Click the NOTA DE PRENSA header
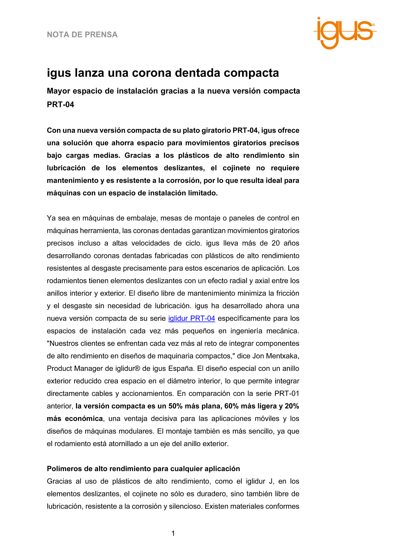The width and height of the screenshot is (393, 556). tap(82, 35)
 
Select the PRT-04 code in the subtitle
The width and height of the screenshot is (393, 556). tap(61, 105)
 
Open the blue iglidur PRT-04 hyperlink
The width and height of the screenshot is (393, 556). tap(192, 318)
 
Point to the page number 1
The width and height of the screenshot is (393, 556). tap(173, 533)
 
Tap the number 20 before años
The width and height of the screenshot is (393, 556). tap(275, 243)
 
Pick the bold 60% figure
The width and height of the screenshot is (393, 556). tap(232, 406)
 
